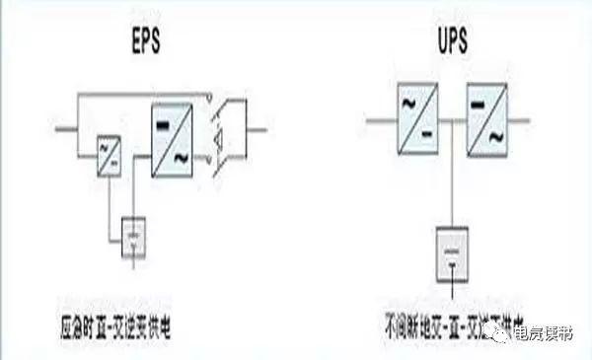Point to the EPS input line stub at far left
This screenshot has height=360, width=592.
point(67,128)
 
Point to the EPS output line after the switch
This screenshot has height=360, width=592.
point(256,128)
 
